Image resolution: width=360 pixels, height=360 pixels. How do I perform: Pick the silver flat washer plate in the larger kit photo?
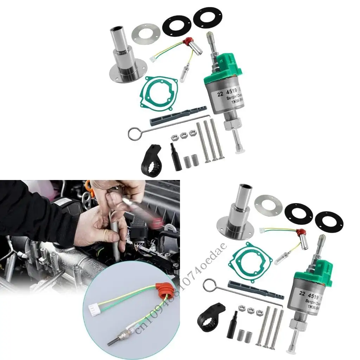[x=146, y=34]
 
